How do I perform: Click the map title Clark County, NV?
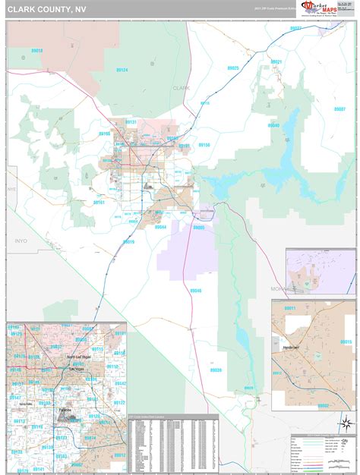43,8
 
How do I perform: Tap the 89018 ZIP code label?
36,51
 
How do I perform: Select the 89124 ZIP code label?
121,70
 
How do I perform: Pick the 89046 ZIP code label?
196,291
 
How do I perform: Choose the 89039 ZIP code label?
216,370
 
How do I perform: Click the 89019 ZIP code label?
128,242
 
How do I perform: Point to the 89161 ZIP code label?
99,203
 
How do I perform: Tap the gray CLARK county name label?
181,88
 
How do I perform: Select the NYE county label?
11,187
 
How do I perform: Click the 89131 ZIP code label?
131,122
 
